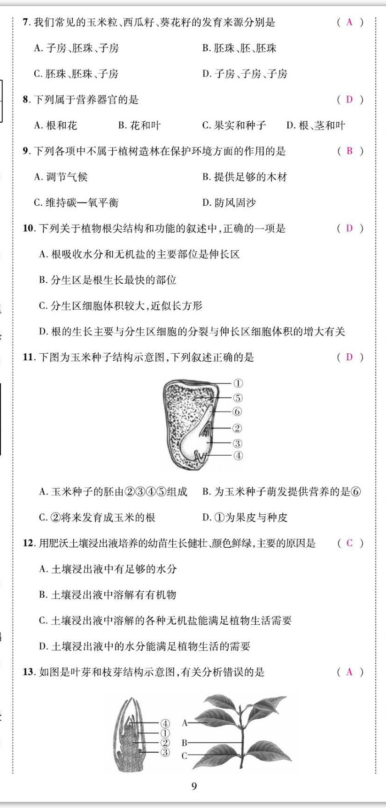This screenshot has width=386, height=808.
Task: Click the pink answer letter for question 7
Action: [349, 22]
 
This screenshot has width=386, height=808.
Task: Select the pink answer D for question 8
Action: [349, 100]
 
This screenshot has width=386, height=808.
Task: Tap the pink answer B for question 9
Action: [349, 151]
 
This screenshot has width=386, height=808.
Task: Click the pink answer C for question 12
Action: [349, 543]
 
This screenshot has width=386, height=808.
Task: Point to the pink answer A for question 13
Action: [349, 672]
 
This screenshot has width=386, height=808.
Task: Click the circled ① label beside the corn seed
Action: [238, 383]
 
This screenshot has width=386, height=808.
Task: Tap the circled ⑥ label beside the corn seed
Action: [237, 412]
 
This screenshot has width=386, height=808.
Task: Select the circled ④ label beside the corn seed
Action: [238, 456]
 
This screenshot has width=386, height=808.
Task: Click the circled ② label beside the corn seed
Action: [237, 428]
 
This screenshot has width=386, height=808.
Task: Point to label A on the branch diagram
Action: [185, 723]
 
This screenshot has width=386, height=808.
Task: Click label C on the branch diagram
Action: [184, 756]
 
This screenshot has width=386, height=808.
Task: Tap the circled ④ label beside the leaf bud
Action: [165, 723]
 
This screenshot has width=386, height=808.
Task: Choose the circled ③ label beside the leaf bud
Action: [165, 753]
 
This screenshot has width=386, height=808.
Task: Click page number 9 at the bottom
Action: [194, 786]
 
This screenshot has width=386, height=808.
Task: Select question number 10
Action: [29, 229]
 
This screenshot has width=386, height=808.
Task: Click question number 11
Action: [29, 357]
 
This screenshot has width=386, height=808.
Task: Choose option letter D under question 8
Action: [290, 125]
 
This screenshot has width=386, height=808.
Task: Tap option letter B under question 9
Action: [206, 177]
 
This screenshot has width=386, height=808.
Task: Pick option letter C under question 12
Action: [43, 621]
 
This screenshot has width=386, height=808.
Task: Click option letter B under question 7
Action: [206, 48]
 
